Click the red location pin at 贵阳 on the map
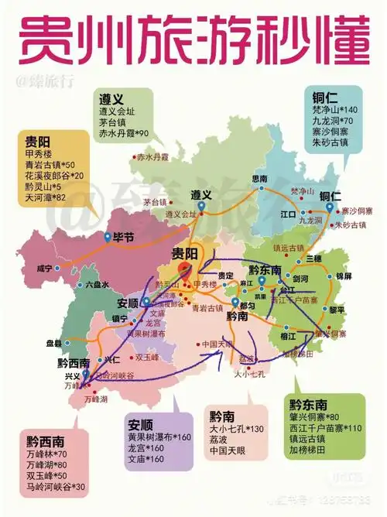(x=184, y=269)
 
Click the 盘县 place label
(x=54, y=342)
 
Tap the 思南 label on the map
(x=259, y=178)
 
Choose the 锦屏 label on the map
(x=343, y=275)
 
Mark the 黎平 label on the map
(x=337, y=309)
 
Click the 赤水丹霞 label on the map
(x=152, y=156)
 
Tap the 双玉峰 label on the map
(x=146, y=357)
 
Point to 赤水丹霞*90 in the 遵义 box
(x=123, y=134)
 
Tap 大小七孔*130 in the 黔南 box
(x=237, y=429)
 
